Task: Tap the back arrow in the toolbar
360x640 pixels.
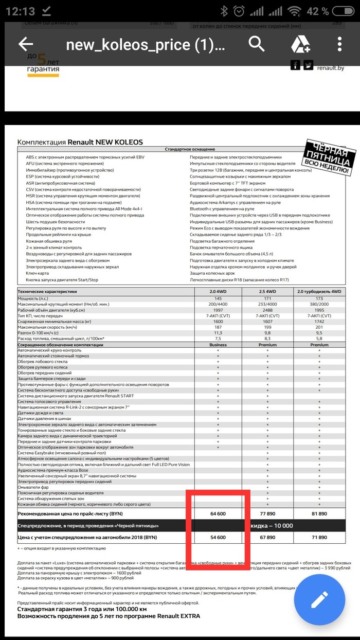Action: [26, 44]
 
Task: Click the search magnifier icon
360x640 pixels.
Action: [257, 44]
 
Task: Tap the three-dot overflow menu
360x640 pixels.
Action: [339, 44]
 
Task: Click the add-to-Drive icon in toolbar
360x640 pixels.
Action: [300, 45]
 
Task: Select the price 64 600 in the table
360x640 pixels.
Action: [218, 513]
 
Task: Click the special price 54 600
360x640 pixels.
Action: [218, 537]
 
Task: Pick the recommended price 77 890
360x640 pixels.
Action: [268, 513]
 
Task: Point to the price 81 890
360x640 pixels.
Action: [319, 513]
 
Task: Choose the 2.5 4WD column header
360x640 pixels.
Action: [268, 292]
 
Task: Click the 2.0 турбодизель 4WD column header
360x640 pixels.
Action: [319, 292]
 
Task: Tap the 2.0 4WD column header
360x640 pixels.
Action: [218, 292]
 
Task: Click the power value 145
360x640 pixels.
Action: [218, 298]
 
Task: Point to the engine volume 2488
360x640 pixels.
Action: [268, 310]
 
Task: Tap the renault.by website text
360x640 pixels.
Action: [330, 67]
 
